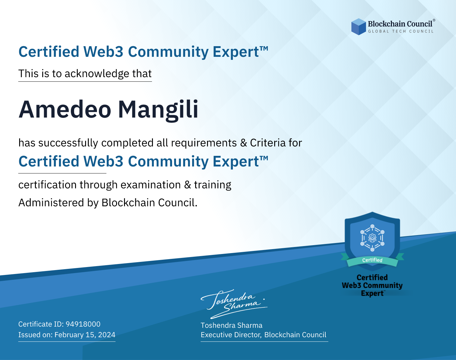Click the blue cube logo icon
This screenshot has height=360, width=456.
click(358, 27)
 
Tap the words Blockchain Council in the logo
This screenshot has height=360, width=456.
click(400, 24)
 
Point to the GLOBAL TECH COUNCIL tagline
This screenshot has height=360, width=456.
click(401, 31)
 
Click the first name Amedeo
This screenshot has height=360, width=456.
click(65, 110)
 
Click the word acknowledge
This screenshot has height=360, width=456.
click(97, 74)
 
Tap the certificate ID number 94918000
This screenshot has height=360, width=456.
click(83, 324)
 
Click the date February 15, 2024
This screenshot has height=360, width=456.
click(85, 335)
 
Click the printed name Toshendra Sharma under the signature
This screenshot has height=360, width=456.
click(231, 325)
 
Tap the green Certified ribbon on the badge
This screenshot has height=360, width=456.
click(372, 260)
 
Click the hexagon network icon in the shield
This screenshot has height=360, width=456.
click(372, 238)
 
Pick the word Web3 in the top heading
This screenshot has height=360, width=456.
click(103, 52)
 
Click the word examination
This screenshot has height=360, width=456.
click(151, 185)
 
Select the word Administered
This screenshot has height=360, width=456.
click(51, 203)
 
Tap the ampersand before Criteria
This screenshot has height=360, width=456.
click(244, 143)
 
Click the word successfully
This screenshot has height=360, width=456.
click(68, 143)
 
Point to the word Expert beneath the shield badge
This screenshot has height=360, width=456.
click(372, 293)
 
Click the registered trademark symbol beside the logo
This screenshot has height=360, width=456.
click(434, 20)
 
